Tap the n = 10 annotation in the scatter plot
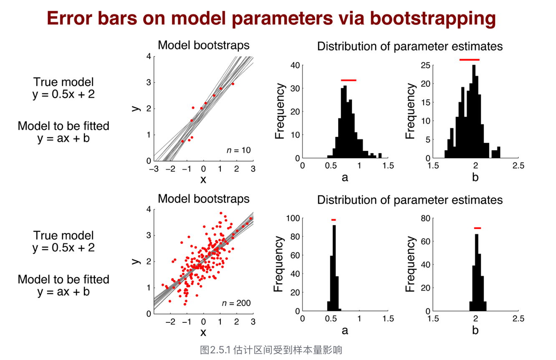tap(238, 150)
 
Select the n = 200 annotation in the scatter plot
tap(236, 303)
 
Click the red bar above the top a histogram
tap(349, 80)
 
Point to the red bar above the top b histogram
tap(469, 60)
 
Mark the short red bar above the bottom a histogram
tap(334, 220)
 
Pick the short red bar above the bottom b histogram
tap(477, 228)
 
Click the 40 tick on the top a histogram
tap(295, 65)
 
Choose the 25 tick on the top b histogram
tap(425, 65)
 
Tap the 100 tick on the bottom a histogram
tap(293, 218)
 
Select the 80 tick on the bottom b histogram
tap(425, 218)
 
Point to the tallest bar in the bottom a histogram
tap(334, 268)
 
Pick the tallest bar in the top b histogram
tap(474, 112)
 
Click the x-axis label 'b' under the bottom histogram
tap(475, 330)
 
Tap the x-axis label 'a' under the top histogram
tap(345, 178)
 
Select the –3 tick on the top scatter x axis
tap(154, 169)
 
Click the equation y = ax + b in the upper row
tap(63, 138)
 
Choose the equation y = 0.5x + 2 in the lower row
tap(63, 248)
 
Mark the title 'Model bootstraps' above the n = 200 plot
tap(204, 199)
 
